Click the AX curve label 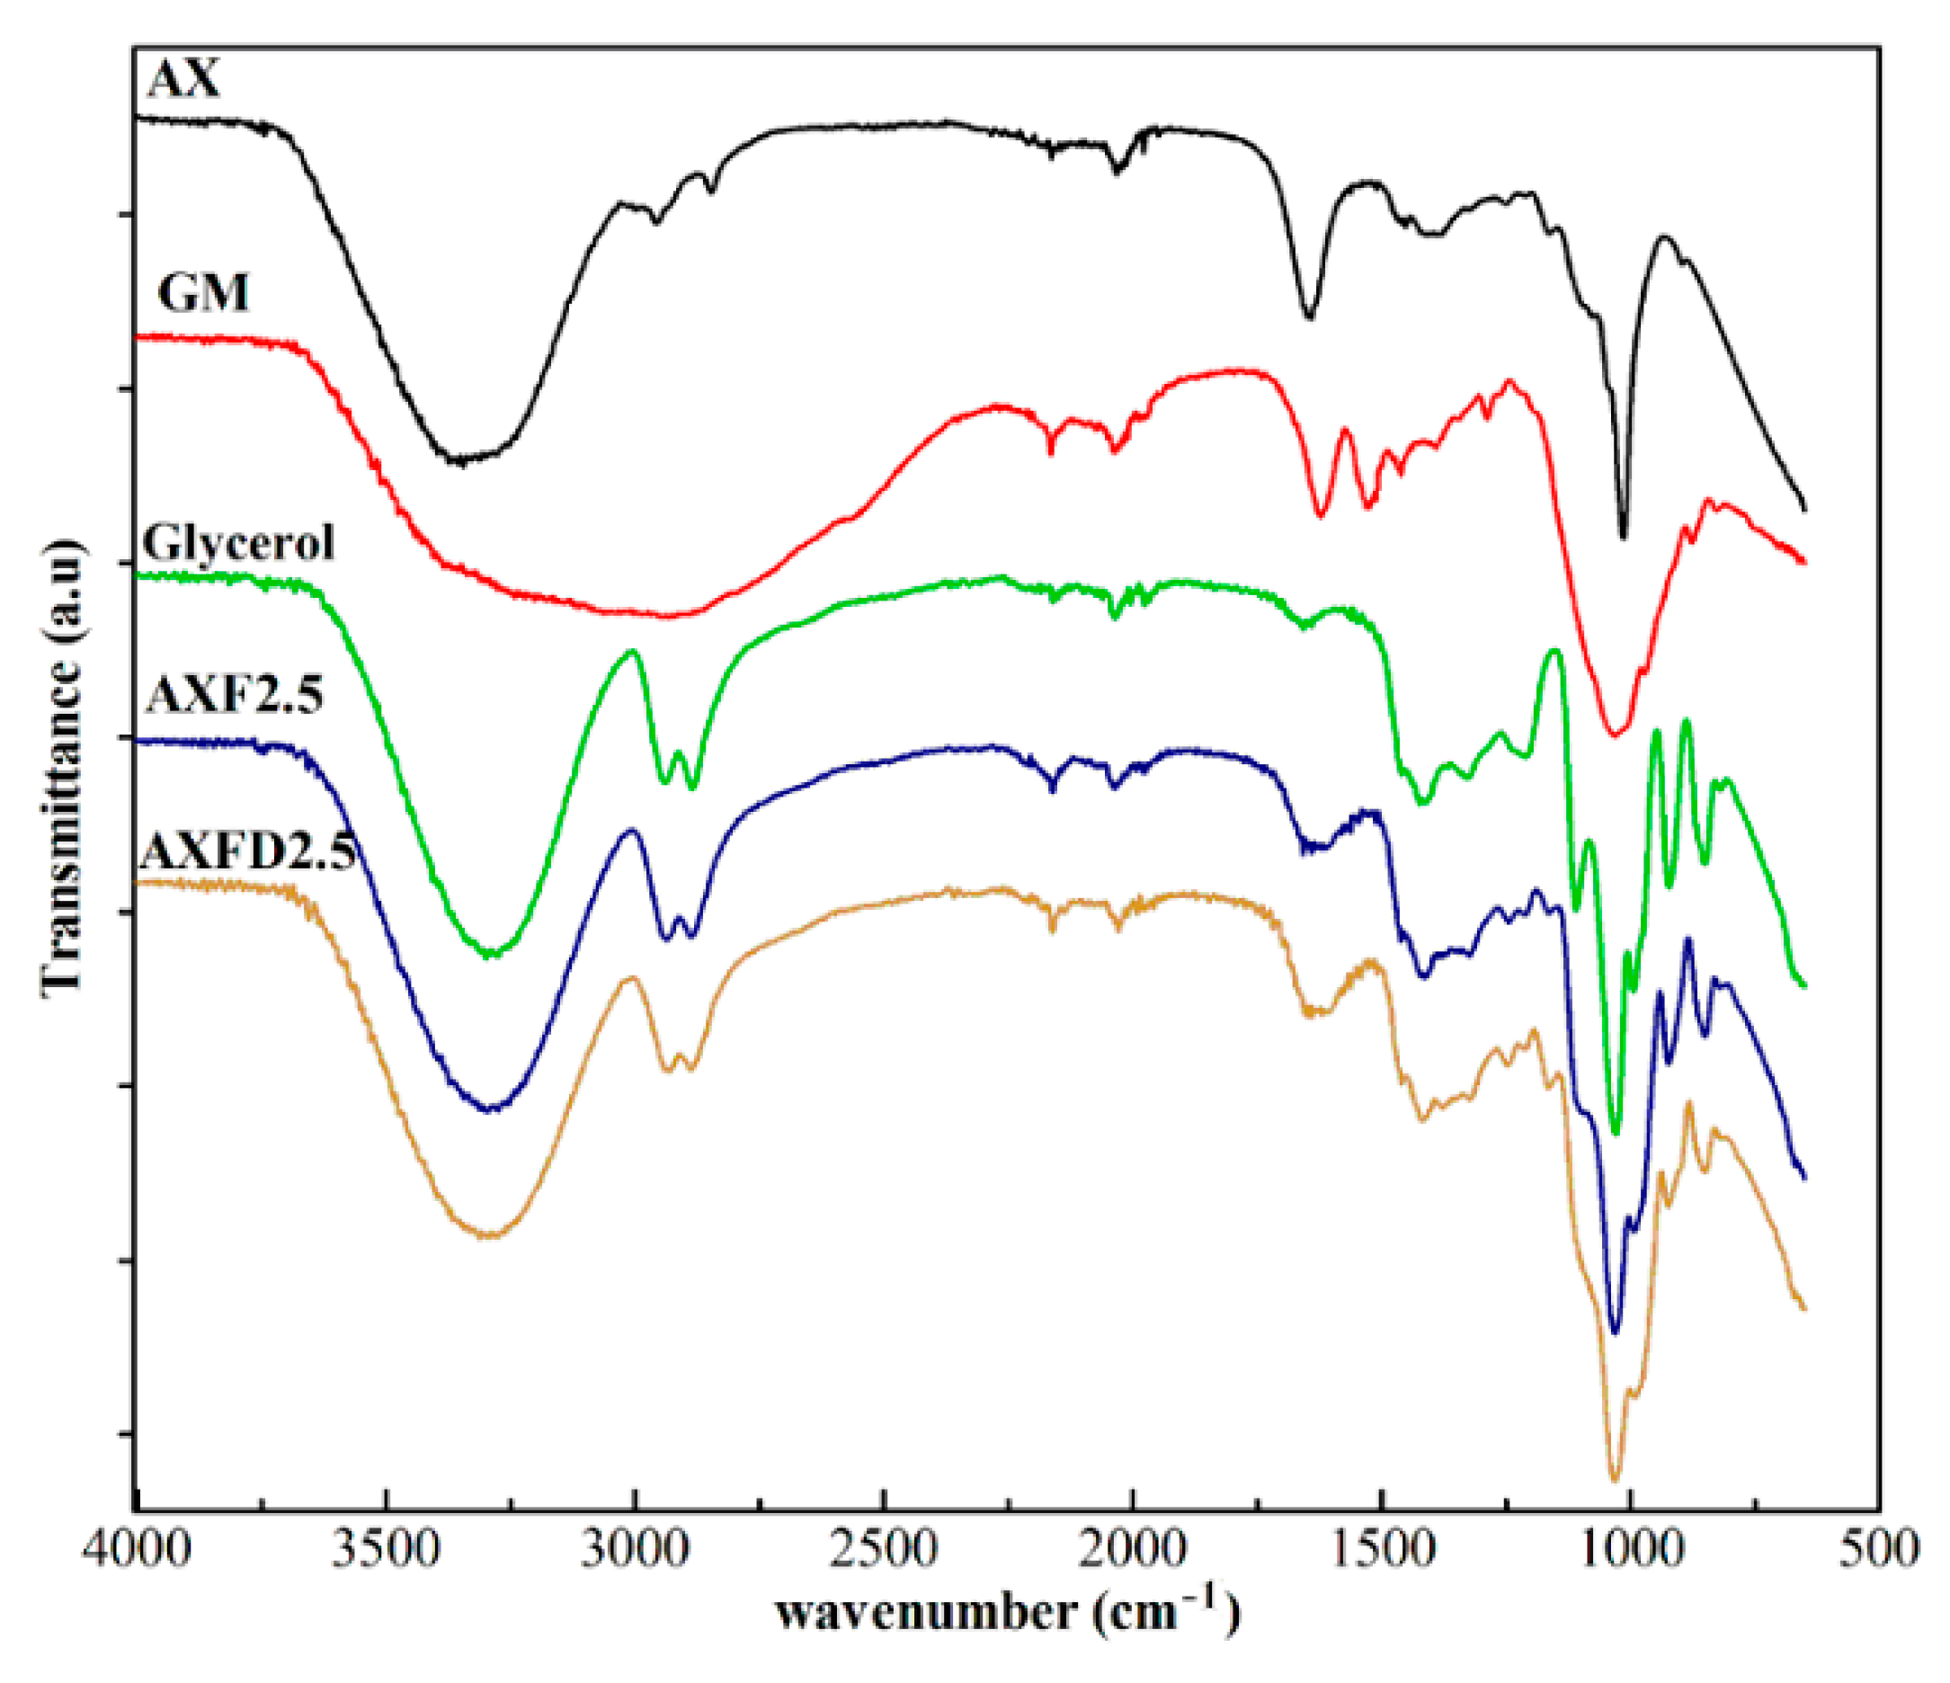(184, 79)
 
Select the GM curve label (203, 293)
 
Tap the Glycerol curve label (238, 543)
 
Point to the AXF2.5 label (236, 696)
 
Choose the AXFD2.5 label (246, 853)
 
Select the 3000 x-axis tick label (636, 1547)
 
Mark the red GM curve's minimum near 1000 (1615, 734)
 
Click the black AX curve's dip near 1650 (1309, 317)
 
